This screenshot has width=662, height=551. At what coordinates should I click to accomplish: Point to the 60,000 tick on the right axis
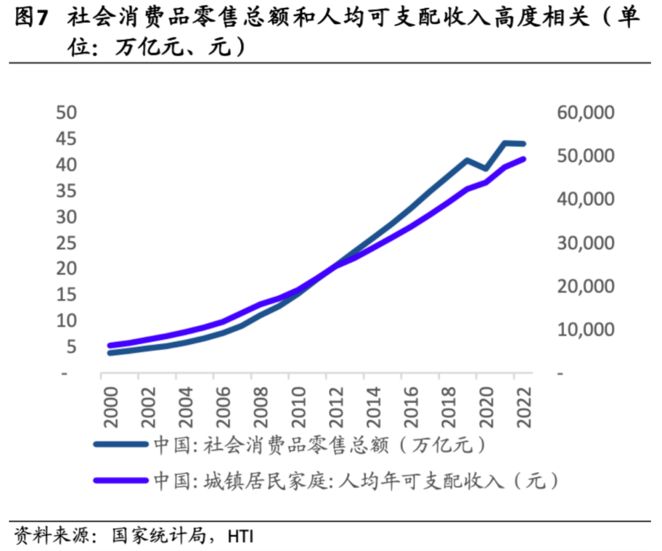pos(584,113)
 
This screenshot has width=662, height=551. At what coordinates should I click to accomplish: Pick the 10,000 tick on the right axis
pos(584,329)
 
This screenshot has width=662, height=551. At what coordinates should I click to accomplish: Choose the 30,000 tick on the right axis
pos(584,243)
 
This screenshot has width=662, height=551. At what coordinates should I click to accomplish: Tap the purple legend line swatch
pos(120,481)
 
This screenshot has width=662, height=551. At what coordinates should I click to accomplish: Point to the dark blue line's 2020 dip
pos(486,168)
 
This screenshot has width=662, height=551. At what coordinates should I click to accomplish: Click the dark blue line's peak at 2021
pos(505,143)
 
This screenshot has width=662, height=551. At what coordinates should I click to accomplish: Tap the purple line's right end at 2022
pos(524,159)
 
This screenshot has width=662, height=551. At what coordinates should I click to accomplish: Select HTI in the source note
pos(240,537)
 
